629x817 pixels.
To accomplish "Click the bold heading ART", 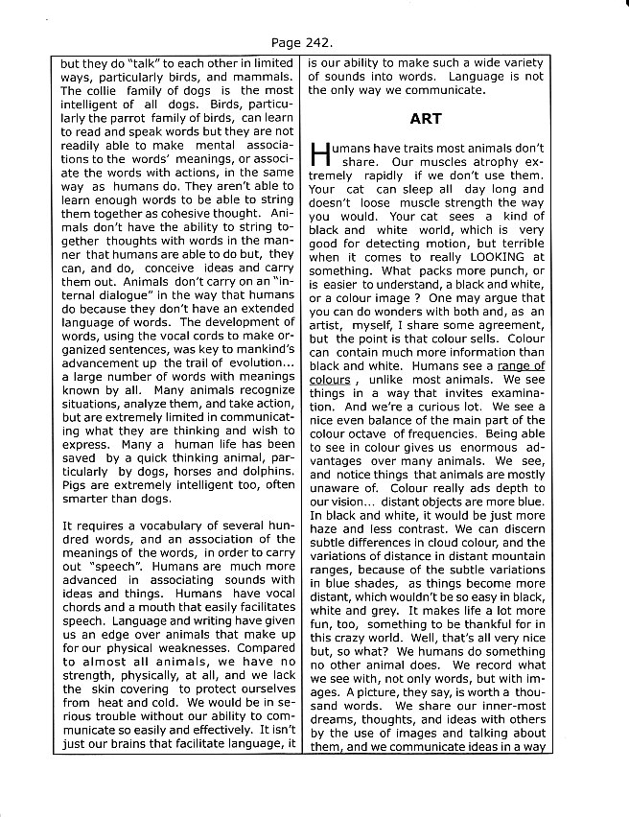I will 425,119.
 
